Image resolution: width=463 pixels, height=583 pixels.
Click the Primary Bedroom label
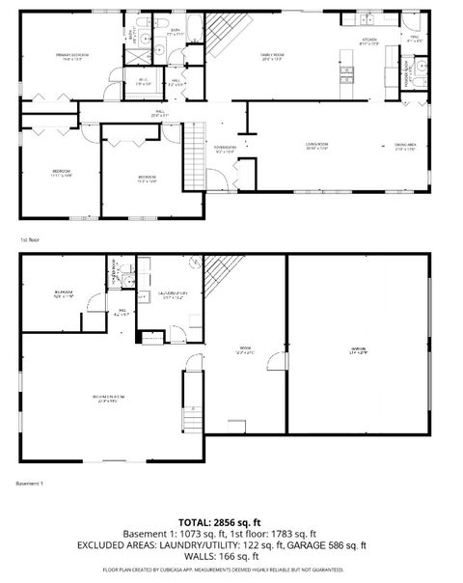[x=72, y=56]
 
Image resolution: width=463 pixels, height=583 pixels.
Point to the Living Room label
[x=318, y=146]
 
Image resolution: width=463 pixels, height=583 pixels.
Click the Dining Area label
[x=405, y=146]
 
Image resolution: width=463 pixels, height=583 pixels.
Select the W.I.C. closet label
[x=143, y=81]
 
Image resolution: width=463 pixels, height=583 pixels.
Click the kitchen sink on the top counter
[x=369, y=20]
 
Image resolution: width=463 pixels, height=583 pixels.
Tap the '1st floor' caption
[x=28, y=238]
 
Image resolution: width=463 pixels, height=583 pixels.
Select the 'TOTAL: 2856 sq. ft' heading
[x=231, y=522]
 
